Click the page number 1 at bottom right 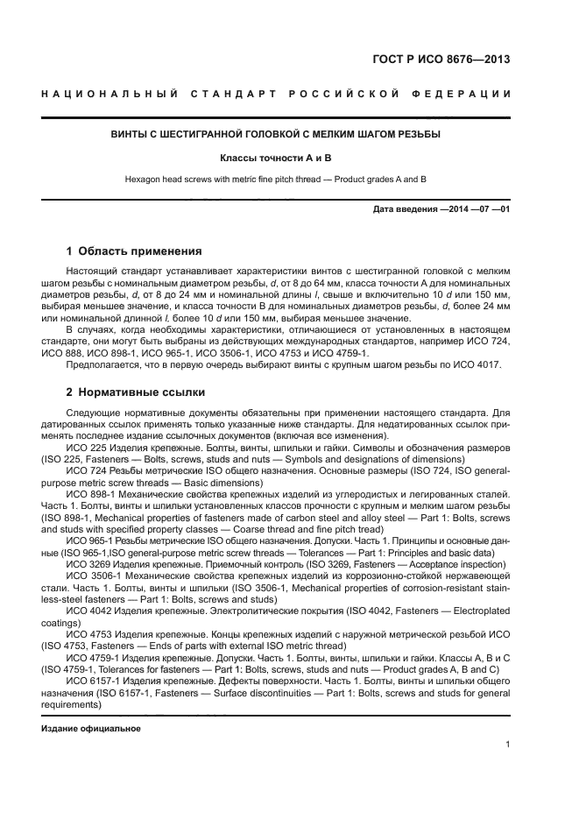tap(507, 745)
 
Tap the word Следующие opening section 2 tap(94, 412)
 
